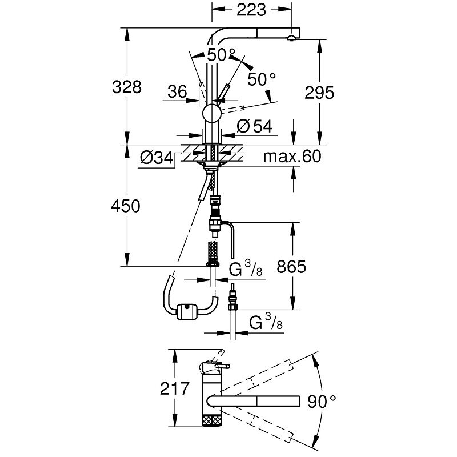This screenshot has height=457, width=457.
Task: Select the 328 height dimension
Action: coord(126,87)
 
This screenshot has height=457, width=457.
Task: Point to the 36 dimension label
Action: coord(178,91)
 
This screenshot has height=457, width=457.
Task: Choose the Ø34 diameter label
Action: coord(156,158)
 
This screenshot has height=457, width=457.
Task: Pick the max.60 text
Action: coord(292,157)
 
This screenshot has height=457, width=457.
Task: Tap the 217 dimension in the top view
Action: coord(174,390)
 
